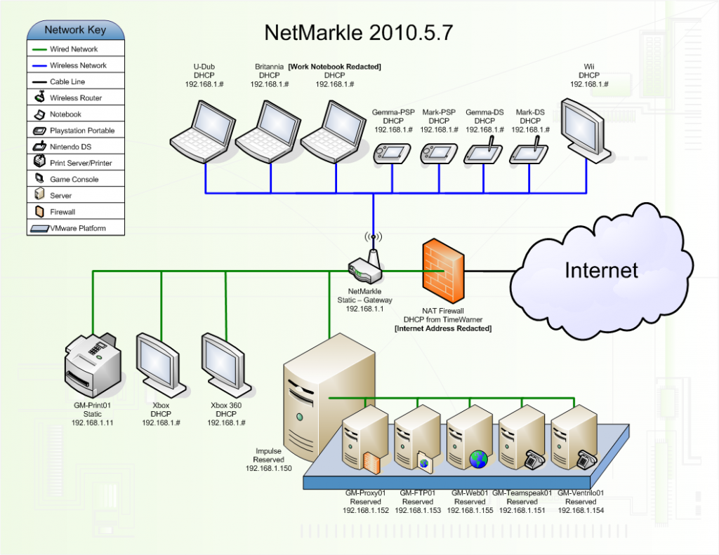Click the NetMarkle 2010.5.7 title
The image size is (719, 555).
coord(358,32)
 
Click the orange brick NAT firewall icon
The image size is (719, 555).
coord(443,269)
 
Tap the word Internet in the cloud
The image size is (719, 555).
coord(602,270)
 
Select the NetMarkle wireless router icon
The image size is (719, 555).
coord(365,265)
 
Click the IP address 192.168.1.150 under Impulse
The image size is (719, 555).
coord(268,467)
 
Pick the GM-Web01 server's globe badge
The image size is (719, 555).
coord(478,459)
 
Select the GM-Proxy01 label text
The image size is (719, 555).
coord(365,493)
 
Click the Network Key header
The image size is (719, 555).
coord(76,30)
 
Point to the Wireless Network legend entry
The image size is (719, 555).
coord(78,65)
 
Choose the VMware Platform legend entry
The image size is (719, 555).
coord(78,228)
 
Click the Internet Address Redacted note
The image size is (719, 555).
coord(443,328)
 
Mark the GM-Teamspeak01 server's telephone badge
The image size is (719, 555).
coord(532,460)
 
